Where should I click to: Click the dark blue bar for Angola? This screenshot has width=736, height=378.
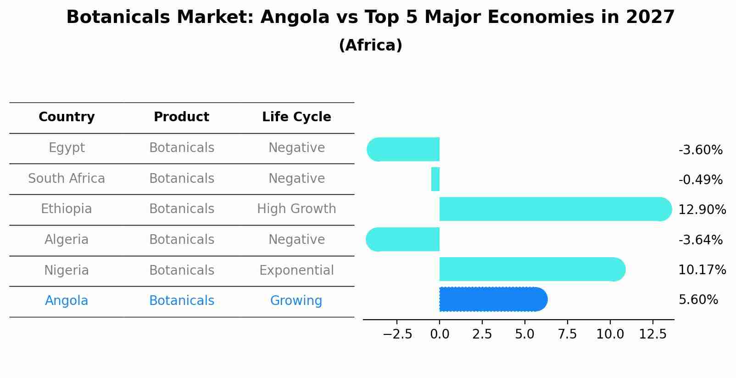coord(493,299)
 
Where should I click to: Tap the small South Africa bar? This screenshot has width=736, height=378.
coord(435,179)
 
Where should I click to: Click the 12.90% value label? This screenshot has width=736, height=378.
coord(702,210)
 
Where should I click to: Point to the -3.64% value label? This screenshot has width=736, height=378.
coord(700,240)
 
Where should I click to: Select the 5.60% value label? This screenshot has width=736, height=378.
coord(698,300)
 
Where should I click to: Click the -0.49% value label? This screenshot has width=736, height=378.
coord(700,180)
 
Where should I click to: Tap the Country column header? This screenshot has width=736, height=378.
coord(67,117)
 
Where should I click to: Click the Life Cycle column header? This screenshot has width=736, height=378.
coord(296,117)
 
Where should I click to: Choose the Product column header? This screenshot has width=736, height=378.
coord(181,117)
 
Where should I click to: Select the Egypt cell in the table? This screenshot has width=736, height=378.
coord(67,148)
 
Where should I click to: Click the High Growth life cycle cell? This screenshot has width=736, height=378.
coord(296,209)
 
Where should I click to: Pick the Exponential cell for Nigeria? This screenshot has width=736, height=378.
coord(296,270)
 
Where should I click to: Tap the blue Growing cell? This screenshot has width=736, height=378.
coord(296,301)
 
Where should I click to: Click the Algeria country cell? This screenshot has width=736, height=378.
coord(67,240)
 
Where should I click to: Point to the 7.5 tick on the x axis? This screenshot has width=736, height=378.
coord(567,334)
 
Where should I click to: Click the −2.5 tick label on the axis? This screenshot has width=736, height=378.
coord(397,334)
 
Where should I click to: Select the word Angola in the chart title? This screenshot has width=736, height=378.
coord(295,17)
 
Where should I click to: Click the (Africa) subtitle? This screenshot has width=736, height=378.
coord(370,45)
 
